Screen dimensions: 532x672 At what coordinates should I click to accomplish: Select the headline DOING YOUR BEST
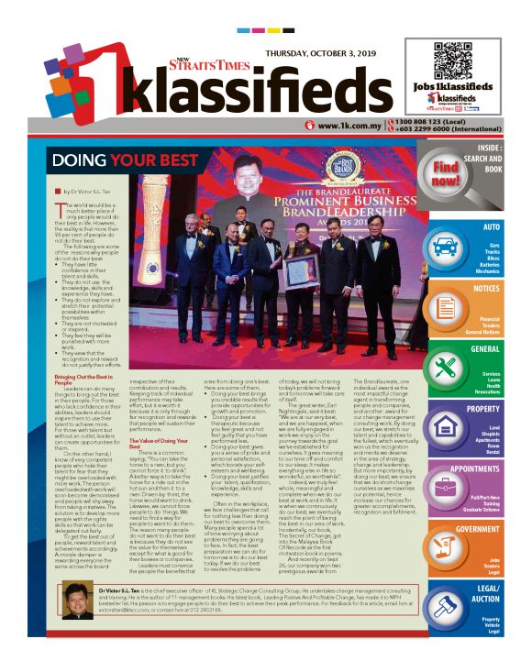[126, 161]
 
